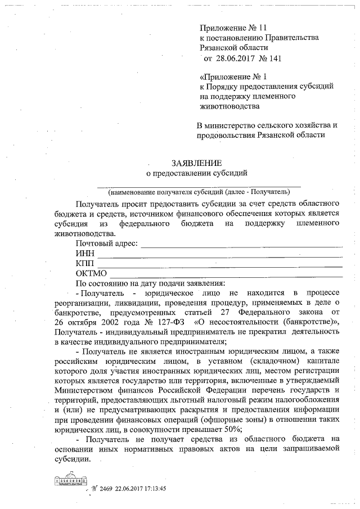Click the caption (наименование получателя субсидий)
[199, 190]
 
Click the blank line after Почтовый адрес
[242, 245]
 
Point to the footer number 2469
[106, 489]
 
